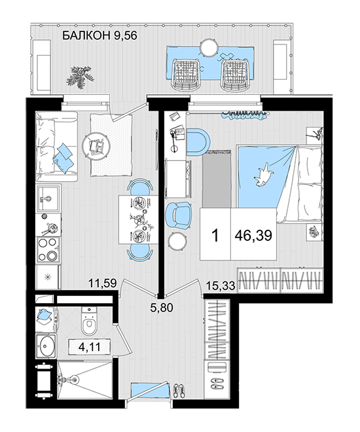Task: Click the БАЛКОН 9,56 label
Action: tap(99, 36)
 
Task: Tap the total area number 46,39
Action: tap(253, 236)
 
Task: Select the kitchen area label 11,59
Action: tap(103, 283)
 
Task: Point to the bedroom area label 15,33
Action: tap(221, 285)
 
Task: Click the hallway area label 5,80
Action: tap(162, 307)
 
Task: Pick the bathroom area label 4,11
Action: tap(90, 347)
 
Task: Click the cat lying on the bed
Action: tap(264, 175)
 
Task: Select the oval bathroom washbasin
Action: tap(47, 346)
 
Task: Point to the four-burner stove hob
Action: tap(48, 249)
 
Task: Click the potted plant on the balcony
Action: tap(79, 77)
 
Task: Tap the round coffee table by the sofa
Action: tap(96, 145)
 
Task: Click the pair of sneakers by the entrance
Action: tap(179, 391)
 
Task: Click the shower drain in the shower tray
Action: tap(74, 380)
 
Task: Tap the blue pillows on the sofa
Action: tap(63, 158)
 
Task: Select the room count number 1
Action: tap(215, 236)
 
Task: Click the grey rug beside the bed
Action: tap(217, 179)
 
